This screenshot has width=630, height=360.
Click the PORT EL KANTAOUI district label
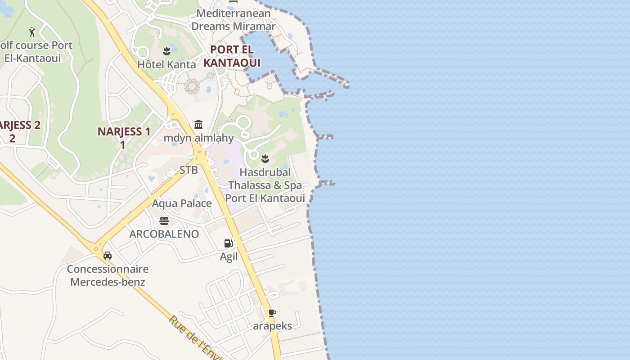[232, 56]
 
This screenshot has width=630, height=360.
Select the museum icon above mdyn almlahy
[198, 124]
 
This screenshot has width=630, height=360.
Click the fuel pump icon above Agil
[229, 243]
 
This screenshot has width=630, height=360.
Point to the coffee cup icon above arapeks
[272, 313]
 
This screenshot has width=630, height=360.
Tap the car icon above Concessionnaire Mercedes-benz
[108, 256]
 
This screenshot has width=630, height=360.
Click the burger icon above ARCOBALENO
[164, 220]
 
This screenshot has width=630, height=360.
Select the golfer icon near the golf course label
[32, 32]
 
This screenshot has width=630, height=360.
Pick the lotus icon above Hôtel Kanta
[167, 51]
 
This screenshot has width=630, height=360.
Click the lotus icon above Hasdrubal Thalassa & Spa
[265, 158]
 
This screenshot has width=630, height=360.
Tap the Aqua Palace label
[182, 203]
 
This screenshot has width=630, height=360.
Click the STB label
[189, 170]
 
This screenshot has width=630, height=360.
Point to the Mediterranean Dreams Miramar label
[233, 20]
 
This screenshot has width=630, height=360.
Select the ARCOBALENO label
[164, 234]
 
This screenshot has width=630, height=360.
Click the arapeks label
[272, 326]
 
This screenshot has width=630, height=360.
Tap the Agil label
[229, 257]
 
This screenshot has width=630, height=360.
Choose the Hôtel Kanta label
[166, 64]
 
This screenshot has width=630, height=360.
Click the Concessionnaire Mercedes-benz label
[108, 275]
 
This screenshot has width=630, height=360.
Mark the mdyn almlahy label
[198, 138]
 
